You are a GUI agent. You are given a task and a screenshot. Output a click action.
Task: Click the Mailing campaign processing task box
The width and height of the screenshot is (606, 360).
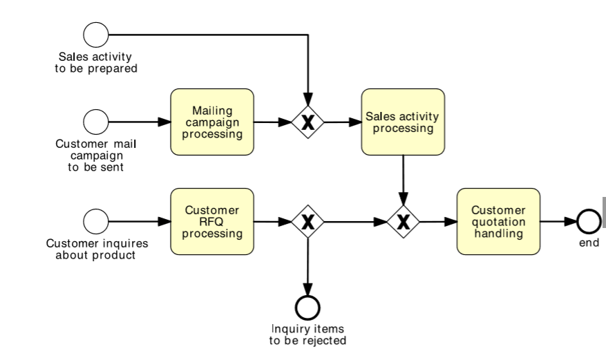click(x=212, y=122)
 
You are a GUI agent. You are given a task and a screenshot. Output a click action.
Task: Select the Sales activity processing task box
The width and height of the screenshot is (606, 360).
click(x=403, y=122)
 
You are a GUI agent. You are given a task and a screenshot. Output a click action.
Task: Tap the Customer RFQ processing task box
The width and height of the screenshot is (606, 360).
click(x=212, y=222)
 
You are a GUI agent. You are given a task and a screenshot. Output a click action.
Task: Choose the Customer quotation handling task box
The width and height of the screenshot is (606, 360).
click(x=498, y=222)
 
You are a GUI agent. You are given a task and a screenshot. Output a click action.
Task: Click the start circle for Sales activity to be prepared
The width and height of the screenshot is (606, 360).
click(x=96, y=34)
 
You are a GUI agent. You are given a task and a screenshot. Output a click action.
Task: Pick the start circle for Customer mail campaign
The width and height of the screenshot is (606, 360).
click(x=96, y=122)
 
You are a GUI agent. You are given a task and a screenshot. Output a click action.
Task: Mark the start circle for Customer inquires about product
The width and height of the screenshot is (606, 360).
click(x=96, y=222)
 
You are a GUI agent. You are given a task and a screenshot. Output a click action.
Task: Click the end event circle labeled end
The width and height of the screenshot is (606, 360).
click(x=589, y=222)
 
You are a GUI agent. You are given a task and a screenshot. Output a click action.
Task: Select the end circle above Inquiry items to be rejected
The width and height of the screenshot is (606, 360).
click(x=307, y=306)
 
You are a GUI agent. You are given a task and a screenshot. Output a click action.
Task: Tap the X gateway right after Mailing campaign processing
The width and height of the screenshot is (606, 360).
click(x=307, y=122)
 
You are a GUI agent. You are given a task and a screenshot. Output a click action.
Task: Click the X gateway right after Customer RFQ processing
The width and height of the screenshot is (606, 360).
click(x=307, y=222)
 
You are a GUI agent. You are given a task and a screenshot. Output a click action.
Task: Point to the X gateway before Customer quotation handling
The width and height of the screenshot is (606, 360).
click(x=403, y=222)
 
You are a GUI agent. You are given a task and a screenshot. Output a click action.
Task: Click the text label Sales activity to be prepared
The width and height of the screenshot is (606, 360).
click(x=96, y=63)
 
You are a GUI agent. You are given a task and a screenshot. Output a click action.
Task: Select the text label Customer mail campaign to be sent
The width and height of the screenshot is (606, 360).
click(x=96, y=155)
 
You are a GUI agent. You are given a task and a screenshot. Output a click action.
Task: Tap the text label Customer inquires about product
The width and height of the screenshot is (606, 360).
click(x=97, y=249)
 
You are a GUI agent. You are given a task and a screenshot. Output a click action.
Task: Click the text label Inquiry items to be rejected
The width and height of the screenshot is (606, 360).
click(x=307, y=334)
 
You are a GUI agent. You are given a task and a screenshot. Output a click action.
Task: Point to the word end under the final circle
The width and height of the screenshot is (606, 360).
click(x=589, y=243)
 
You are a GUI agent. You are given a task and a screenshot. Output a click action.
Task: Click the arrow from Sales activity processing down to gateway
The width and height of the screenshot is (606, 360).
click(x=403, y=180)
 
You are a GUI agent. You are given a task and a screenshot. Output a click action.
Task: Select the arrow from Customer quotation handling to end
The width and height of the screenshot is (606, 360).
click(x=558, y=222)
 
